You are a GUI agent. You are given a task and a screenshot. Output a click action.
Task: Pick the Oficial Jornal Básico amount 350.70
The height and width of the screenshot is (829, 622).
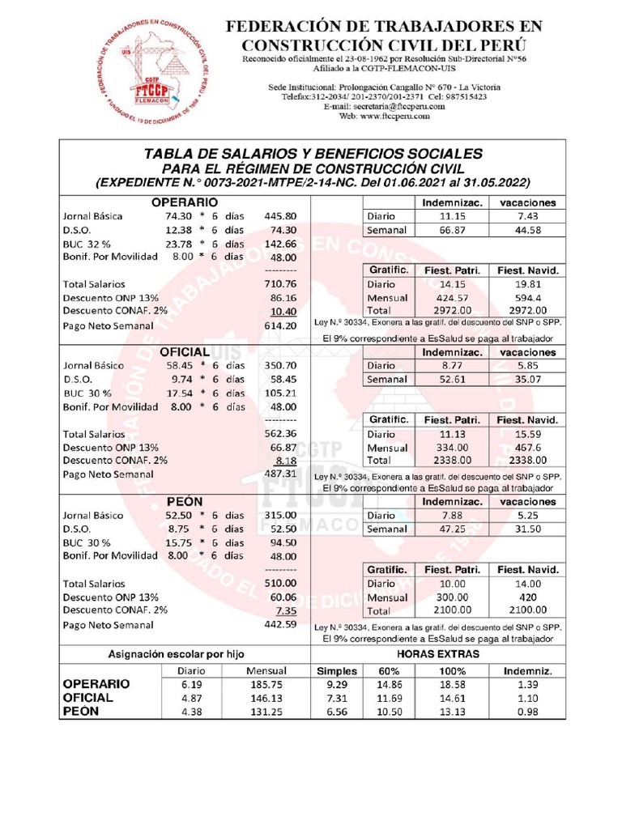click(280, 366)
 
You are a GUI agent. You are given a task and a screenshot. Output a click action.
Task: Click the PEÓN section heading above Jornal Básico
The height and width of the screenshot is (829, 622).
click(185, 502)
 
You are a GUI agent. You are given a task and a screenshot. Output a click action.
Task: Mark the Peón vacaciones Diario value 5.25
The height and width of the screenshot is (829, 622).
click(527, 516)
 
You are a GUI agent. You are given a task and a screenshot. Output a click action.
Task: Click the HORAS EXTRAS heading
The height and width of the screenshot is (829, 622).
click(437, 653)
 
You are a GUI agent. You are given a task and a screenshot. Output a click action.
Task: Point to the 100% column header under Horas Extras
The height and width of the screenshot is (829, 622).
click(453, 670)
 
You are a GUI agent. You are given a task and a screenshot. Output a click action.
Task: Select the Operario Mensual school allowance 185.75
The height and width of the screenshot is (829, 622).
click(267, 685)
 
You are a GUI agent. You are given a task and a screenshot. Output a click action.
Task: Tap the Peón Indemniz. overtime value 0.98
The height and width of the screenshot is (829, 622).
click(527, 712)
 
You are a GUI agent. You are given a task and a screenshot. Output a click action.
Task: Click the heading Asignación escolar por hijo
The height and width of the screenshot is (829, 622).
click(177, 653)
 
